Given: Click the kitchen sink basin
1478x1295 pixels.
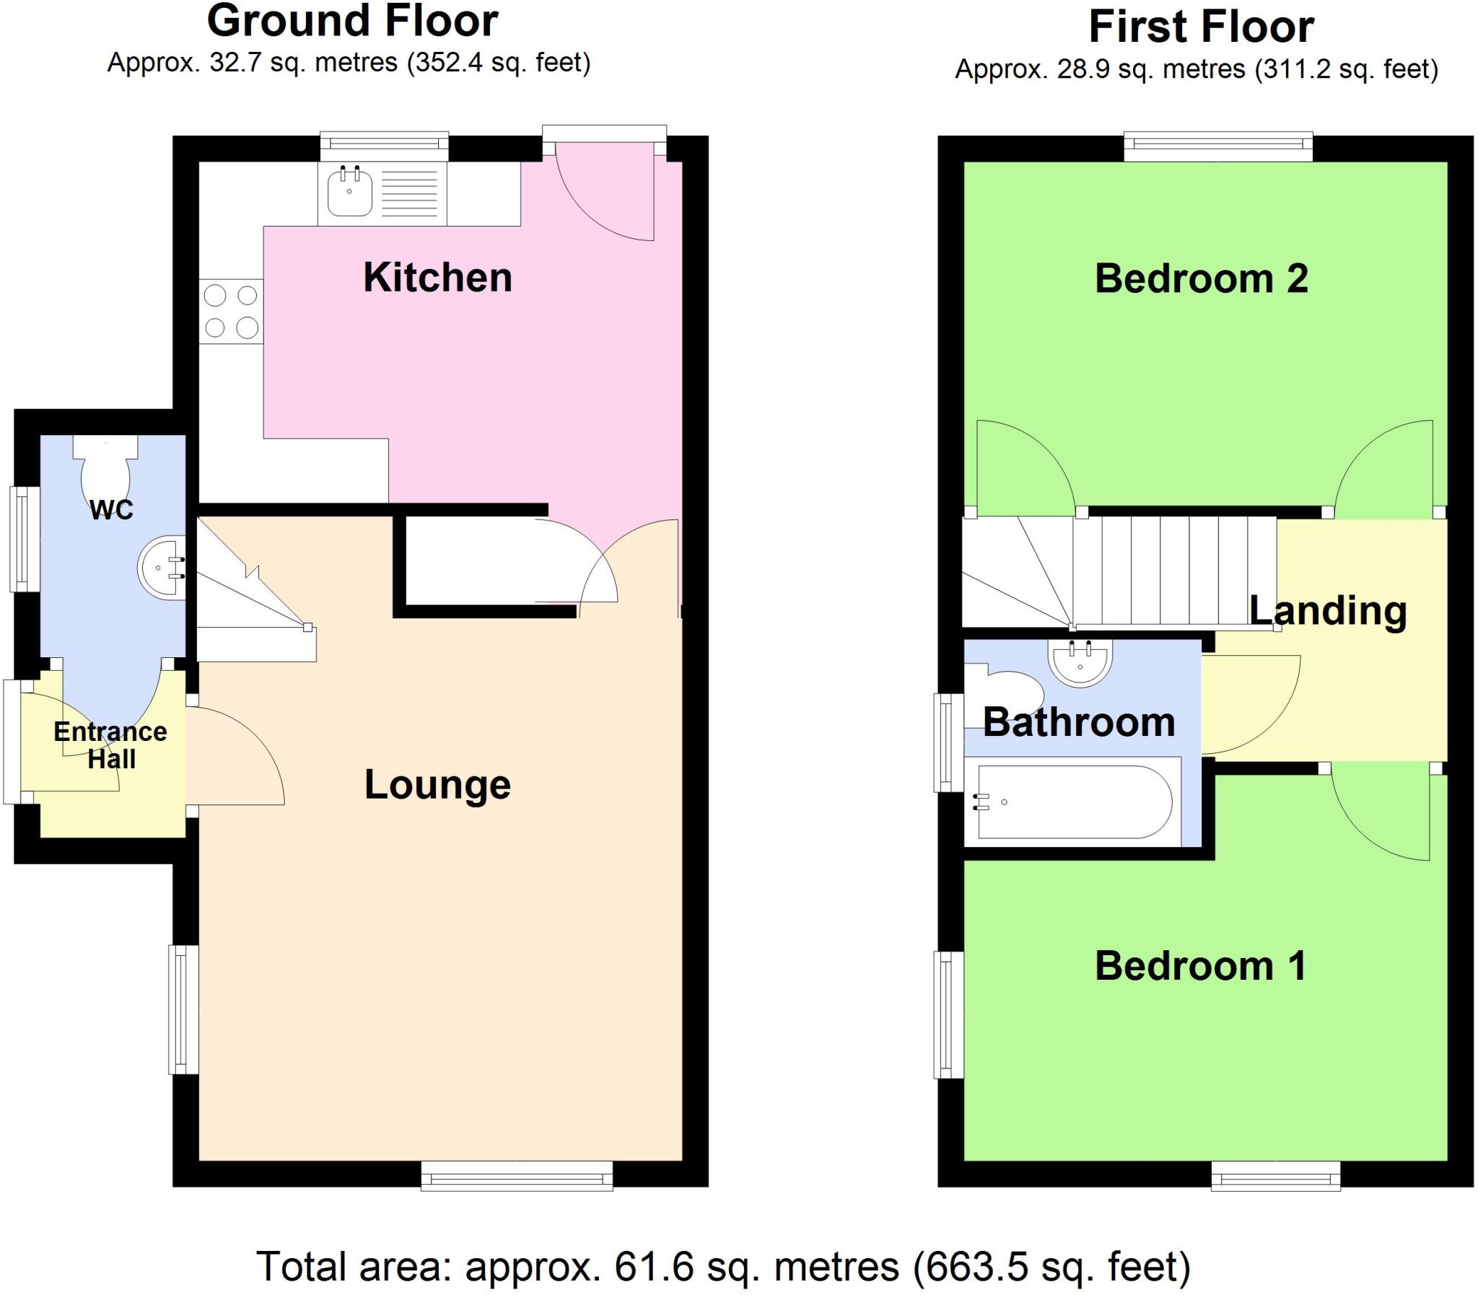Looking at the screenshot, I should pos(350,192).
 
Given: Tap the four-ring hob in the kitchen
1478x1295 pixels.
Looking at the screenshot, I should pos(231,312).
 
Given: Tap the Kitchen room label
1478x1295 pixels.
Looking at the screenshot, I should pos(437,278).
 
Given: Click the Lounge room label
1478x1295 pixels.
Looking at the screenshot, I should pos(437,784).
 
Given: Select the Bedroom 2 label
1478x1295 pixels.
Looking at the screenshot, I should pos(1200,278).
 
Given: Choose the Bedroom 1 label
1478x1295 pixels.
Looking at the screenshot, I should pos(1200,965).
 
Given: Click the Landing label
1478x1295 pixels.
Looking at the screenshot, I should pos(1328,610).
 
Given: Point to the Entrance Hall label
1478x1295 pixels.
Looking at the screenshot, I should pos(110,745).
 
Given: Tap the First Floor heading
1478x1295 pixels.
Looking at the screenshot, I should pos(1200,27).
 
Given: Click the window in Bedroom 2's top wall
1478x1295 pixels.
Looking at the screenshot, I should pos(1217,146).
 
